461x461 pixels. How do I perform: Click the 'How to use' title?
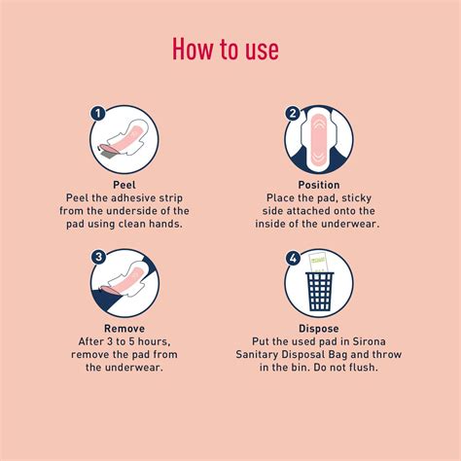pos(230,49)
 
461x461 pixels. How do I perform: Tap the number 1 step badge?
pos(97,114)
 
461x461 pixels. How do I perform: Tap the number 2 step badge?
pos(292,114)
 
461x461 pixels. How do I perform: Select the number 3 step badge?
pos(97,258)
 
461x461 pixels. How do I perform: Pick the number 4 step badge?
pos(292,258)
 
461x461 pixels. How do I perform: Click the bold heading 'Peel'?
pos(125,184)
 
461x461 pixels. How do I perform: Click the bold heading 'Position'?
pos(320,184)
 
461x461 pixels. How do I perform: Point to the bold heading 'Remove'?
pos(124,329)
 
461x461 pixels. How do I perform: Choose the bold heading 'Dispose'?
pos(320,329)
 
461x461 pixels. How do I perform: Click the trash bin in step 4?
pos(320,293)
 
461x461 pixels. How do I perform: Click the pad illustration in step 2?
pos(320,139)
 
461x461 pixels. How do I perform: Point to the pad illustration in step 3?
pos(126,282)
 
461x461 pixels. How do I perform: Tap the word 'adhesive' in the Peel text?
pos(124,196)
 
